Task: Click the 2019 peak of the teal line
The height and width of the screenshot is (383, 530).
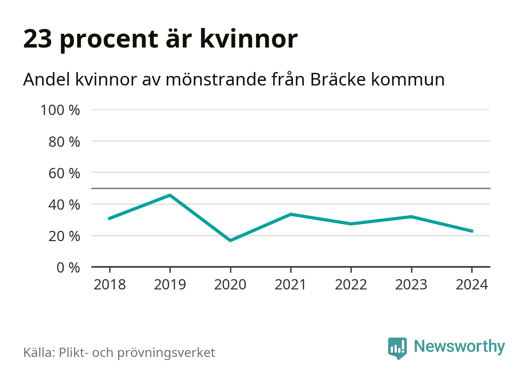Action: click(x=170, y=195)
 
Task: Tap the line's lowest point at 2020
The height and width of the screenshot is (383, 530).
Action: click(x=230, y=240)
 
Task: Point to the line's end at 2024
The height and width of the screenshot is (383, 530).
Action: click(x=472, y=231)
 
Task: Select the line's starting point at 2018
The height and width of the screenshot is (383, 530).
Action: click(x=109, y=219)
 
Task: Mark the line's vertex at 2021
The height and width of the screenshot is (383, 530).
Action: click(x=291, y=214)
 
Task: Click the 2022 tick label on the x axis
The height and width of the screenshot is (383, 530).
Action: click(x=351, y=285)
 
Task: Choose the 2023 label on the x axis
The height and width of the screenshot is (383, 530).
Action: click(x=411, y=285)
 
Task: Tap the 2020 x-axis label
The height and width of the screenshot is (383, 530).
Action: click(x=230, y=285)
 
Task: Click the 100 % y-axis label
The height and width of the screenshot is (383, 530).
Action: click(x=60, y=110)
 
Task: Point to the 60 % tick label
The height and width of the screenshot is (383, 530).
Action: click(x=64, y=173)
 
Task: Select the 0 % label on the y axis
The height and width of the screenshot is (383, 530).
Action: click(x=68, y=268)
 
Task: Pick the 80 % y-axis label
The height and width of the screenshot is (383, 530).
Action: click(x=64, y=142)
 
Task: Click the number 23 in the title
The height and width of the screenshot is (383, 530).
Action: click(x=38, y=39)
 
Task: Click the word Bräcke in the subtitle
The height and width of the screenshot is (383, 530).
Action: click(x=338, y=80)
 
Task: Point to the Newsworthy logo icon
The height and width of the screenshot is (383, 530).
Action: click(x=397, y=348)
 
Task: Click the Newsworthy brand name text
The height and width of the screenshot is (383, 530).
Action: click(x=459, y=346)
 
